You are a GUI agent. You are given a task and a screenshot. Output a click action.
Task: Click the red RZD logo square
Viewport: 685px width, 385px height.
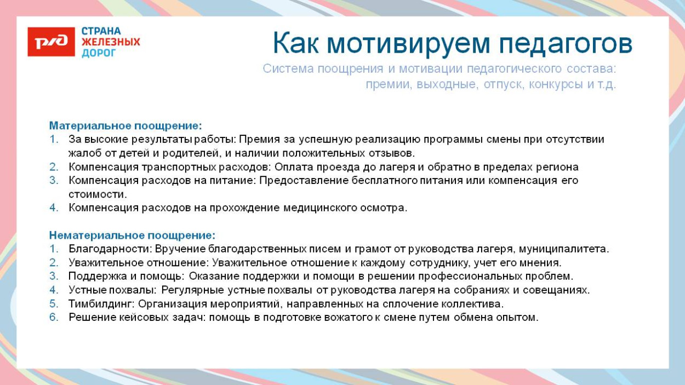point(51,42)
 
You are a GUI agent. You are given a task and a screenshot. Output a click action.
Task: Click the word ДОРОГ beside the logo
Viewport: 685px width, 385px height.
point(99,53)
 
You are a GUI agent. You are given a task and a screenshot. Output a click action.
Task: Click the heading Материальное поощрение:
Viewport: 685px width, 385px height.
point(125,126)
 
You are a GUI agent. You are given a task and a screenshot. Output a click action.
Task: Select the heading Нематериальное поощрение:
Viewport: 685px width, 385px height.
point(132,235)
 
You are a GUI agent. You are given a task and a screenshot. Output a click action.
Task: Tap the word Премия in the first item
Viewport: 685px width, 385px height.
point(257,140)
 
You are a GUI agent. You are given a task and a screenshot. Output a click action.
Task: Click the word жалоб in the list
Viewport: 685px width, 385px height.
point(82,153)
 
